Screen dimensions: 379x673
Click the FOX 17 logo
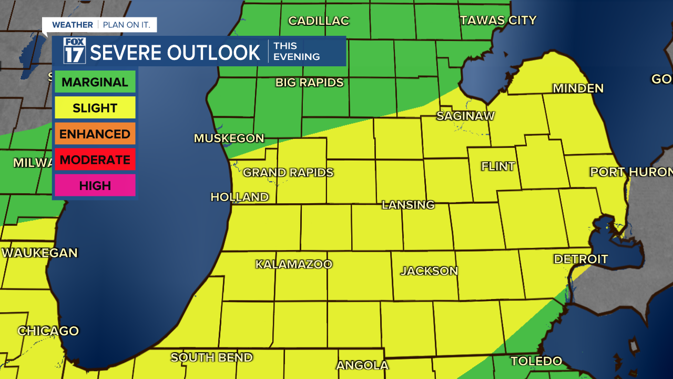pyautogui.click(x=74, y=51)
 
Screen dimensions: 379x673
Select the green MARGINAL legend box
pyautogui.click(x=95, y=82)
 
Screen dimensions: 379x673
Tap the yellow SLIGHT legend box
pyautogui.click(x=95, y=108)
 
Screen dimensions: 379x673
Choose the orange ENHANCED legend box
pyautogui.click(x=95, y=134)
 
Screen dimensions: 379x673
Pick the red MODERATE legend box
pyautogui.click(x=95, y=159)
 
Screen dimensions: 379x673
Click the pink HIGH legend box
pyautogui.click(x=95, y=185)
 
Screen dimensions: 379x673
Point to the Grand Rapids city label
pyautogui.click(x=288, y=173)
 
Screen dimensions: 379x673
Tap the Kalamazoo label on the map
pyautogui.click(x=294, y=264)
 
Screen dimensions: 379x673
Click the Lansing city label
pyautogui.click(x=408, y=205)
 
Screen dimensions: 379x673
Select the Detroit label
pyautogui.click(x=580, y=259)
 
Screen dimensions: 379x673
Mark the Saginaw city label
pyautogui.click(x=465, y=116)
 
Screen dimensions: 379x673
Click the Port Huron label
pyautogui.click(x=631, y=172)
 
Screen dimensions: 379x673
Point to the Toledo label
pyautogui.click(x=536, y=361)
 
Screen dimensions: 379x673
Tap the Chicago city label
pyautogui.click(x=48, y=331)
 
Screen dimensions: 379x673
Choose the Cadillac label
pyautogui.click(x=319, y=21)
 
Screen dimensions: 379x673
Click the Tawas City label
pyautogui.click(x=498, y=21)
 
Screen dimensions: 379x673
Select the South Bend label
pyautogui.click(x=211, y=357)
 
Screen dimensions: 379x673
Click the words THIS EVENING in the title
pyautogui.click(x=297, y=51)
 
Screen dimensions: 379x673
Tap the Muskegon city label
pyautogui.click(x=229, y=138)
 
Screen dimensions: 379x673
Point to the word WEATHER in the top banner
pyautogui.click(x=73, y=25)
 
